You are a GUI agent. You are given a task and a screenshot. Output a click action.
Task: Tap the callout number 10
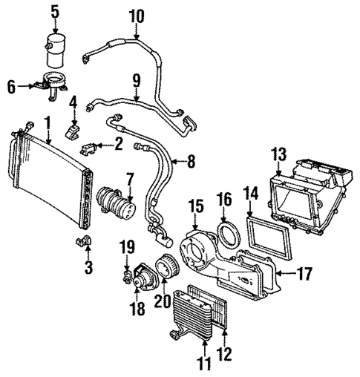[x=137, y=16]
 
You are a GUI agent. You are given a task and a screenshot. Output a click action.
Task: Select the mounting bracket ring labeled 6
[x=53, y=82]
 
